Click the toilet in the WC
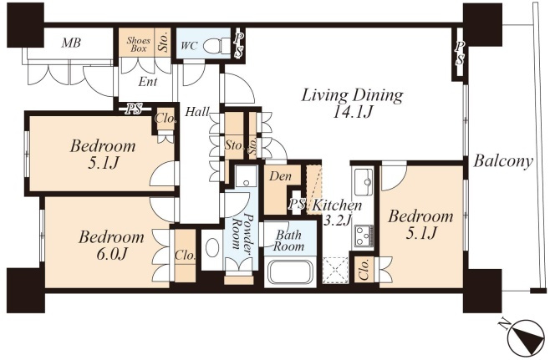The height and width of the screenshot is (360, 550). click(216, 45)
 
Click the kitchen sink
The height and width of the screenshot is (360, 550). click(364, 182)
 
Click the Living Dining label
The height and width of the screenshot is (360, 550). click(353, 95)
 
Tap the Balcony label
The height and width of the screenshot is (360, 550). click(503, 161)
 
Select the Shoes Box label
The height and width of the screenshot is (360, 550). click(139, 44)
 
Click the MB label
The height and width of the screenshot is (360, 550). click(71, 43)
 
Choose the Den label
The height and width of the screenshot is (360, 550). click(280, 176)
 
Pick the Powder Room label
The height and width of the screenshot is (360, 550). click(242, 231)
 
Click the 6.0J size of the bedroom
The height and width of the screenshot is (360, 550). click(111, 255)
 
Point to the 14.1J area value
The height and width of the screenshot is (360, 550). click(352, 113)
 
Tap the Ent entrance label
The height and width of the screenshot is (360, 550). click(148, 82)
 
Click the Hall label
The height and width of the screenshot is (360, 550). click(197, 112)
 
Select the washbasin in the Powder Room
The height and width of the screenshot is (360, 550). click(211, 249)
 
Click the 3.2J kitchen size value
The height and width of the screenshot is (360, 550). click(337, 221)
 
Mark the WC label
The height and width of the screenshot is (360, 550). click(189, 46)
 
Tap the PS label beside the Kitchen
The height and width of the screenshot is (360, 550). click(297, 205)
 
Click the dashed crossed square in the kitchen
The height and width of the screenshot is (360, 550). click(335, 271)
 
